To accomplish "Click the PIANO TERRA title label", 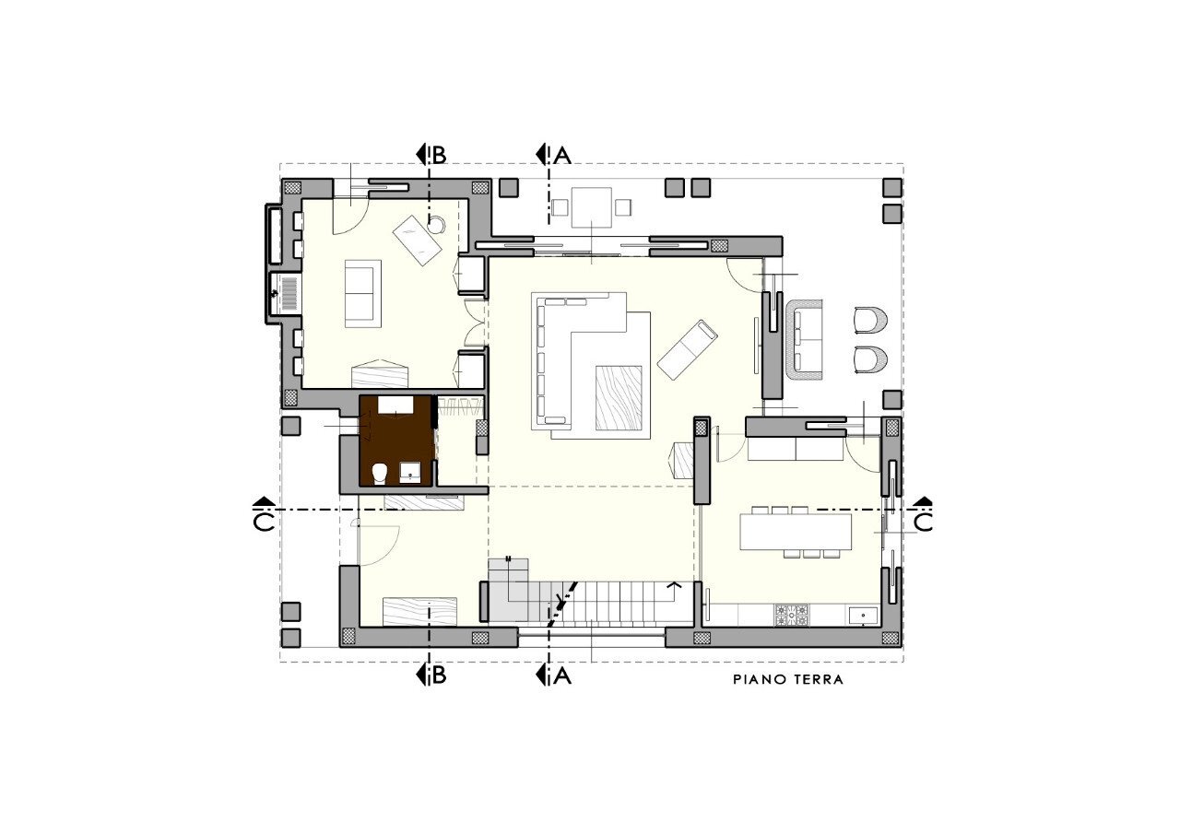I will [x=788, y=680].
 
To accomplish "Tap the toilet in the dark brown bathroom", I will [x=379, y=474].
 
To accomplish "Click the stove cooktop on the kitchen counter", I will [x=791, y=614].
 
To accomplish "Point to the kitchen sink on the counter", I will [x=866, y=614].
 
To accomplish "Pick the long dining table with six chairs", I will [x=796, y=532].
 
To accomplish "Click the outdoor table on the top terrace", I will [x=591, y=206].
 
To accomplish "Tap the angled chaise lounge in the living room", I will [x=688, y=348].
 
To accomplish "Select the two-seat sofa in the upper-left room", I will [x=362, y=293].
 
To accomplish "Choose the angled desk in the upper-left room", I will [x=418, y=241].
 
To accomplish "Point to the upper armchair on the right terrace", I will [x=870, y=320].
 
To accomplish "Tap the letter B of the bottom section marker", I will [x=439, y=676].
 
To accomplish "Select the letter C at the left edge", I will [x=263, y=523].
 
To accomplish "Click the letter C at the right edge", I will [x=923, y=523].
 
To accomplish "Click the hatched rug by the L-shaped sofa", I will [x=619, y=397].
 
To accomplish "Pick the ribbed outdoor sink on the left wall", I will [x=285, y=293].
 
